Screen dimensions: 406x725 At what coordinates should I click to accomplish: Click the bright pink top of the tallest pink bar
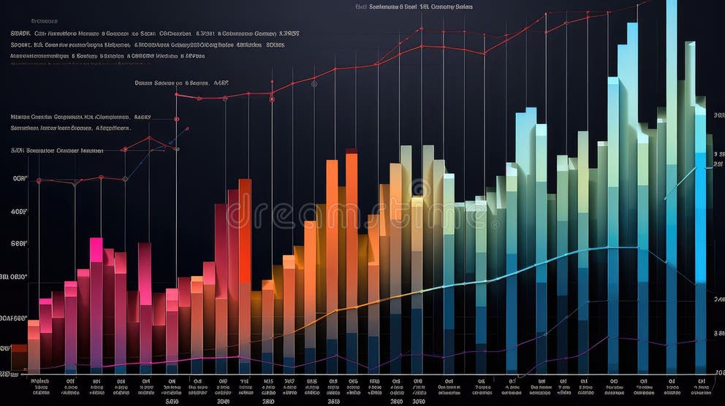coord(96,249)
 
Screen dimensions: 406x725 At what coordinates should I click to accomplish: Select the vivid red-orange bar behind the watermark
coord(245,241)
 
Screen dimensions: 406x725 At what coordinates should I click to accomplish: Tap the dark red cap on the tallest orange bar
coord(352,152)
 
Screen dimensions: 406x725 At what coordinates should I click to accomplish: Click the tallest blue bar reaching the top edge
coord(672,146)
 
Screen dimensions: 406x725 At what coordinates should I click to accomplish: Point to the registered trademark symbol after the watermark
coord(496,223)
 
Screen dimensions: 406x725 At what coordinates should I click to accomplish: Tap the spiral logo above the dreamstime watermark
coord(420,189)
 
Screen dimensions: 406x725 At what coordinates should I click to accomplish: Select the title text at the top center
coord(414,7)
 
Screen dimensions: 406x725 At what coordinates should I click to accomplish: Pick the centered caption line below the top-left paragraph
coord(182,83)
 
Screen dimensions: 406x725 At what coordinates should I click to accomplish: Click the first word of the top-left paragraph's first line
coord(20,33)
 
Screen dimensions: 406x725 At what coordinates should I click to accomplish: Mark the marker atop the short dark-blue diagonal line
coord(187,129)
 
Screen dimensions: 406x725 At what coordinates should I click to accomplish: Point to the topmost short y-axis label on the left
coord(20,178)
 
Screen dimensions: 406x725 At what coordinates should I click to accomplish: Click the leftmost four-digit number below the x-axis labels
coord(172,401)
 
